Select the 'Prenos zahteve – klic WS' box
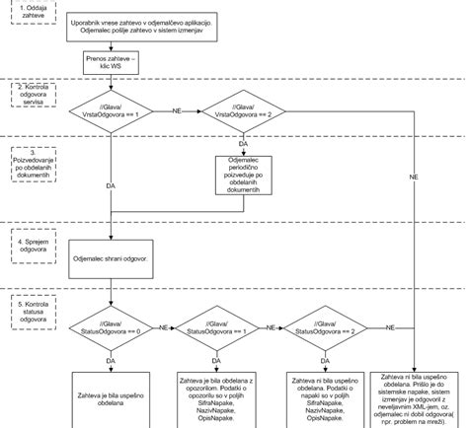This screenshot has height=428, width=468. (111, 66)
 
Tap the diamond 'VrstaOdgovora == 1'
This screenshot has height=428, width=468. (111, 112)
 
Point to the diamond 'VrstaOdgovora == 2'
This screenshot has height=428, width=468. (243, 112)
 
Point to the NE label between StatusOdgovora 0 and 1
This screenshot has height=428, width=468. (164, 322)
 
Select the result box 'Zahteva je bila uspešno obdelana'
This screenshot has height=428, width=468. (111, 399)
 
